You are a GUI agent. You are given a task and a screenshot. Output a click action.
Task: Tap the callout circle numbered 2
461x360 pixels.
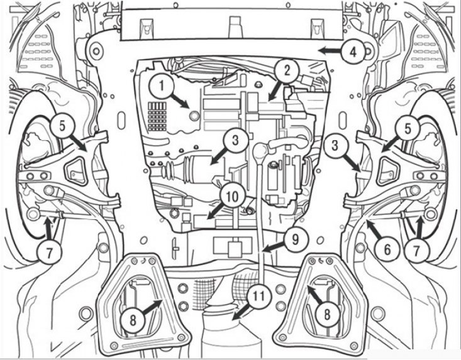287,70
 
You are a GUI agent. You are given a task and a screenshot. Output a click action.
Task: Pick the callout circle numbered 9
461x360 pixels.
294,237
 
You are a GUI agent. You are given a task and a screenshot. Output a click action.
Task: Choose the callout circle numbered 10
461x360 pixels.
233,197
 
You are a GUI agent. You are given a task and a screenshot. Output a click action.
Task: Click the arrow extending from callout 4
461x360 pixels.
330,49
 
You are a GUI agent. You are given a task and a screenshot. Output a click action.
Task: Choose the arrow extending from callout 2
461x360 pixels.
275,89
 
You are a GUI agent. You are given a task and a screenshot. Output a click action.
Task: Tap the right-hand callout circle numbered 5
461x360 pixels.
408,129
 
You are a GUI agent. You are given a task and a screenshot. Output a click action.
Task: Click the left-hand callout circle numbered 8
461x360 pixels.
131,319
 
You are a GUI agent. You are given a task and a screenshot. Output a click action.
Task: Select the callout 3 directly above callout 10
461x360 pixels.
234,141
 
